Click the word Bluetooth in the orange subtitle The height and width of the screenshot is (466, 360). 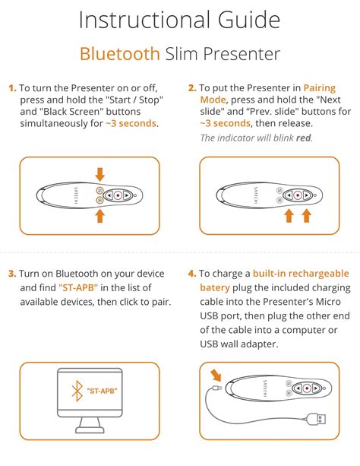pyautogui.click(x=120, y=54)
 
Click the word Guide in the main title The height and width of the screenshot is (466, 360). pyautogui.click(x=249, y=20)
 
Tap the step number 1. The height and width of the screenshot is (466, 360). pyautogui.click(x=12, y=88)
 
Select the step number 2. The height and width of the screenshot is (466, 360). pyautogui.click(x=192, y=88)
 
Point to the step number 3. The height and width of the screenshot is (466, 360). pyautogui.click(x=12, y=274)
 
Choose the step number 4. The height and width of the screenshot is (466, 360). pyautogui.click(x=192, y=274)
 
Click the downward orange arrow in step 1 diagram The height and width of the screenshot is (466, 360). pyautogui.click(x=100, y=174)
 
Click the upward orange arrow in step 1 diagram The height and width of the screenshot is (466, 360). pyautogui.click(x=100, y=216)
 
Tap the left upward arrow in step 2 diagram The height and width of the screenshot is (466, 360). pyautogui.click(x=289, y=216)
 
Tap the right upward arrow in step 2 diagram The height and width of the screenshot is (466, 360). pyautogui.click(x=307, y=216)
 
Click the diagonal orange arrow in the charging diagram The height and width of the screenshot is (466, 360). pyautogui.click(x=216, y=376)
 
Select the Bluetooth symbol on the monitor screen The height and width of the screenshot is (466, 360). pyautogui.click(x=77, y=391)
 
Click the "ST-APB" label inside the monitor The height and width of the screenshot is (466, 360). pyautogui.click(x=102, y=391)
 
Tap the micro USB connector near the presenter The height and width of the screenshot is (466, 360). pyautogui.click(x=217, y=388)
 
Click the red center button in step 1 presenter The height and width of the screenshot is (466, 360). pyautogui.click(x=118, y=195)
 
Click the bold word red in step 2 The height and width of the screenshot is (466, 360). pyautogui.click(x=304, y=138)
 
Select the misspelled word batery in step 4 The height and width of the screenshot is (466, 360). pyautogui.click(x=215, y=288)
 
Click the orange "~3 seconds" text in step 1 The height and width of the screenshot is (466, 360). pyautogui.click(x=131, y=123)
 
